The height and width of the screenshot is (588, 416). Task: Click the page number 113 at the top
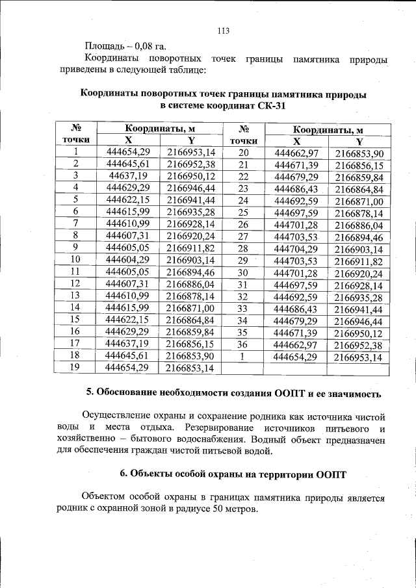pyautogui.click(x=224, y=31)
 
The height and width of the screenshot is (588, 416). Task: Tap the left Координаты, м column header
pyautogui.click(x=160, y=129)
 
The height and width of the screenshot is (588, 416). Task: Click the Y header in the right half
pyautogui.click(x=359, y=141)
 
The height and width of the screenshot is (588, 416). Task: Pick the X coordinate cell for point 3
pyautogui.click(x=127, y=176)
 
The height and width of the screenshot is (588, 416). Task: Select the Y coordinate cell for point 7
pyautogui.click(x=190, y=223)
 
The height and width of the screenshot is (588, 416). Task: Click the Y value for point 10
pyautogui.click(x=190, y=259)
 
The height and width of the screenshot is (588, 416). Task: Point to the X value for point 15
pyautogui.click(x=127, y=320)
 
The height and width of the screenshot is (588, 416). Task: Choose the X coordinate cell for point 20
pyautogui.click(x=296, y=153)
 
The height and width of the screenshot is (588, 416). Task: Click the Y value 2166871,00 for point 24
pyautogui.click(x=359, y=201)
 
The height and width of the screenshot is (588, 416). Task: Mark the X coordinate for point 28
pyautogui.click(x=296, y=249)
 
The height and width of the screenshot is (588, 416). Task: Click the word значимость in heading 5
pyautogui.click(x=348, y=393)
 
